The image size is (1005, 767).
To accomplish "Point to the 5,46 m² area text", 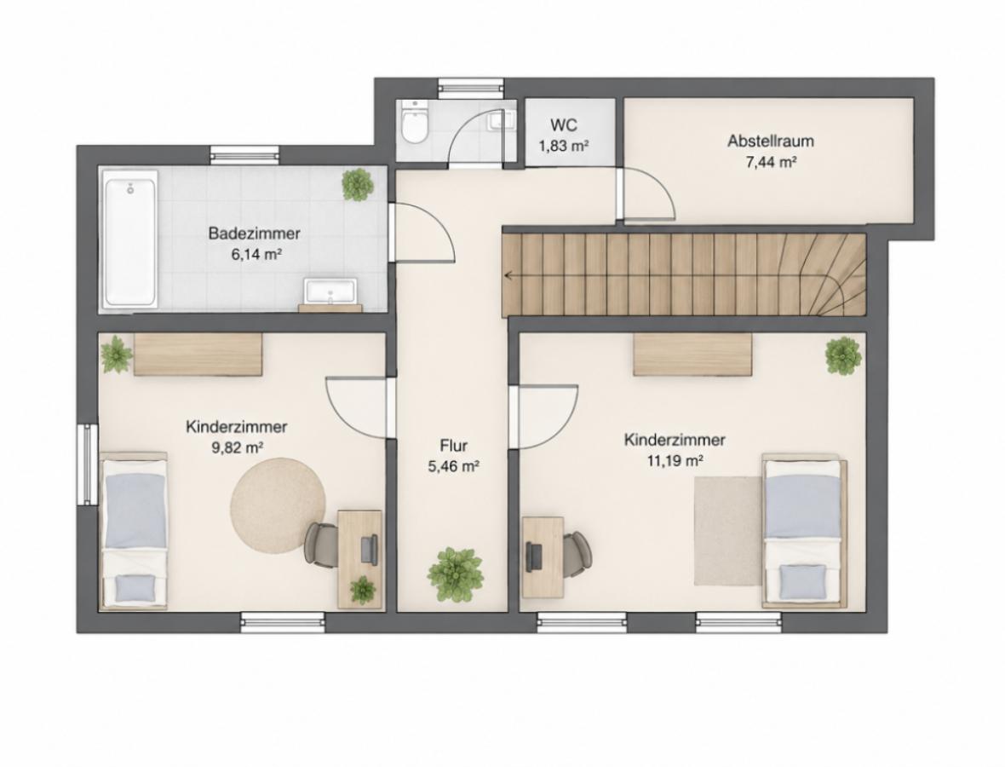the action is pos(454,467).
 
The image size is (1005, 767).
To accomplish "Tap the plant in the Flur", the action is pos(456,574).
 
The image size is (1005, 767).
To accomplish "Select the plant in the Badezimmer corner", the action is pos(358,185).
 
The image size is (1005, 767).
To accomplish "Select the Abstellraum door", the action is pos(647,194).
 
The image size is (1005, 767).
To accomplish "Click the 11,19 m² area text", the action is pos(675,460).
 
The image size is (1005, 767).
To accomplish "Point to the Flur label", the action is pos(454,446).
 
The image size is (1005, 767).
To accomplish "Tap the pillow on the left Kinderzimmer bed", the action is pos(135,585).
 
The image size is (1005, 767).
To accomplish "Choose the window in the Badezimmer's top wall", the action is pos(244,154).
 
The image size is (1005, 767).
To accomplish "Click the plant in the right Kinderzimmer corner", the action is pos(843,355).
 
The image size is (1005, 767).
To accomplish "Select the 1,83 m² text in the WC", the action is pos(563,147).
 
